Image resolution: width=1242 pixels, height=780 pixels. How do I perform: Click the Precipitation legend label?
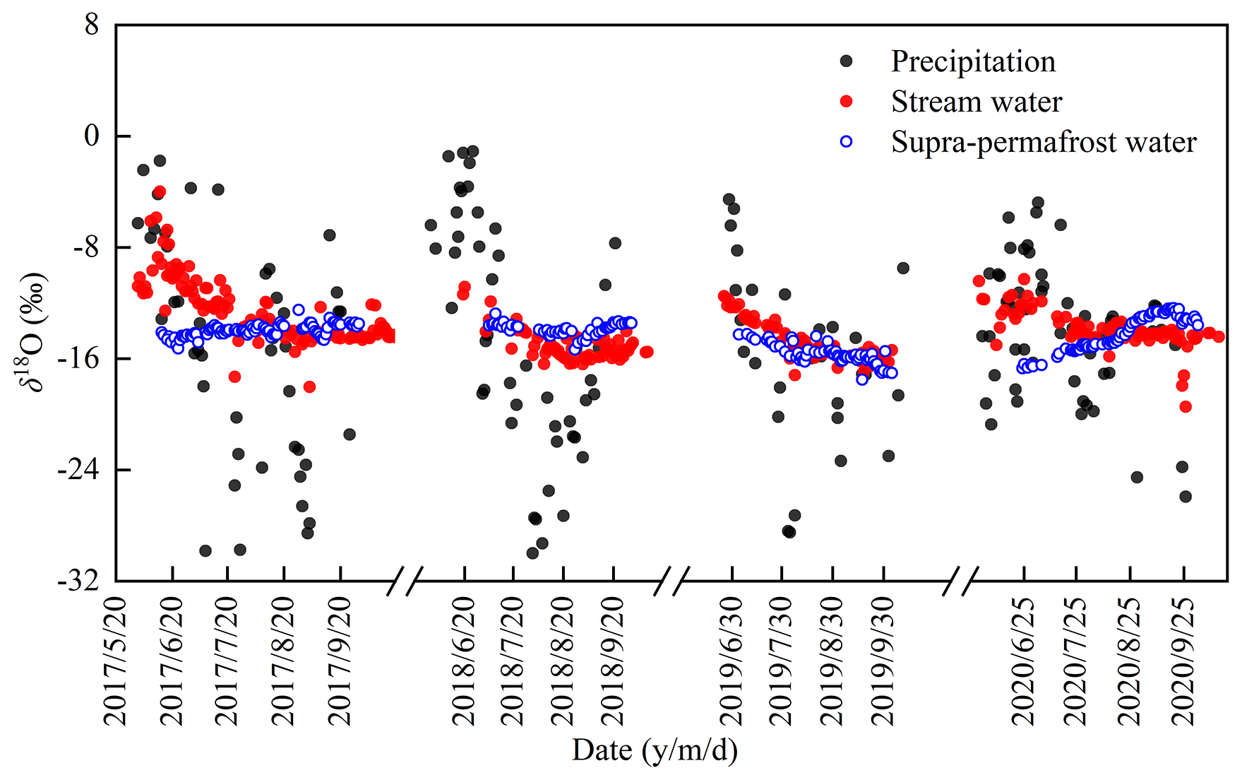(x=973, y=62)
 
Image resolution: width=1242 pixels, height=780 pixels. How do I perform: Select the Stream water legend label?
(x=976, y=102)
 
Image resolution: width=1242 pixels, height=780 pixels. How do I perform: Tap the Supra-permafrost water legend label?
(x=1044, y=142)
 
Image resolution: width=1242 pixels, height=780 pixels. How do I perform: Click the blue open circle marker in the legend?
(x=846, y=142)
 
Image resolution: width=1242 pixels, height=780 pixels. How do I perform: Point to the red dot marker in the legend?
(x=846, y=102)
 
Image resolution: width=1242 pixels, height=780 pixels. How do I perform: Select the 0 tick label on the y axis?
(x=92, y=136)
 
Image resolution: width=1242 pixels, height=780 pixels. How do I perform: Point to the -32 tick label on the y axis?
(x=78, y=581)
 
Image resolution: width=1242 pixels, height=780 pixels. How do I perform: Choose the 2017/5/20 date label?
(x=116, y=661)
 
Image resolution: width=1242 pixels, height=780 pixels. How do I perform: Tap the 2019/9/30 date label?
(x=883, y=661)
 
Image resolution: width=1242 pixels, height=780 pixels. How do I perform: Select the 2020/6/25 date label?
(x=1023, y=661)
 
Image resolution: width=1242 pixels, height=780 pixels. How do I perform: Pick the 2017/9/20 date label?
(x=340, y=661)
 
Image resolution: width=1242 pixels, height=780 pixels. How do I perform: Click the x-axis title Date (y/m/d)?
(x=655, y=750)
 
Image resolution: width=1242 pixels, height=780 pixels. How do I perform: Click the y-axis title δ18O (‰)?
(x=32, y=332)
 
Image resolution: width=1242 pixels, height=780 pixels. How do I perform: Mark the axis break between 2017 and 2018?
(x=405, y=581)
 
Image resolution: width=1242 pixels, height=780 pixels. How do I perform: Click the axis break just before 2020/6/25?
(x=961, y=581)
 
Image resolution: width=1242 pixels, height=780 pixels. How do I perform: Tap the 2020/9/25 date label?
(x=1184, y=661)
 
